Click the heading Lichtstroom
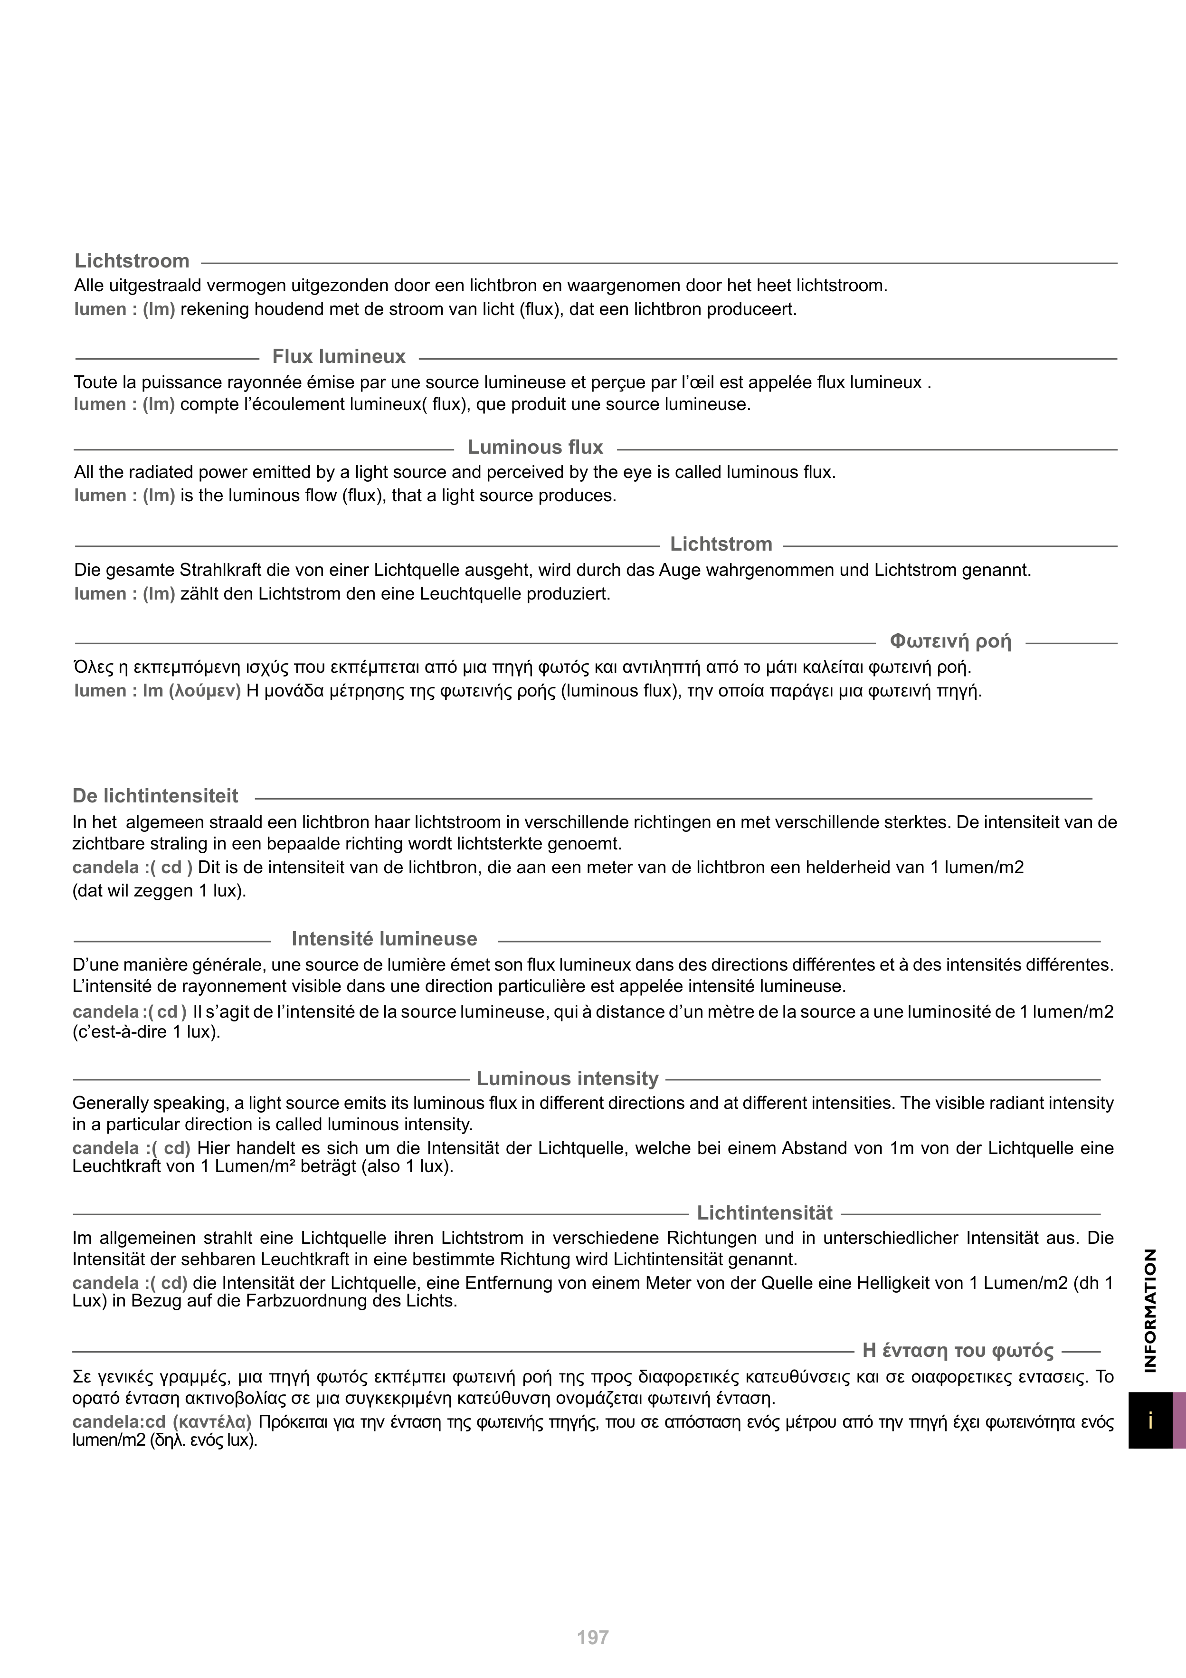132,261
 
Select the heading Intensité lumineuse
384,939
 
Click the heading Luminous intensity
567,1079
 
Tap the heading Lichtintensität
764,1213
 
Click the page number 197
593,1638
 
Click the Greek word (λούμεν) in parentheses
205,691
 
